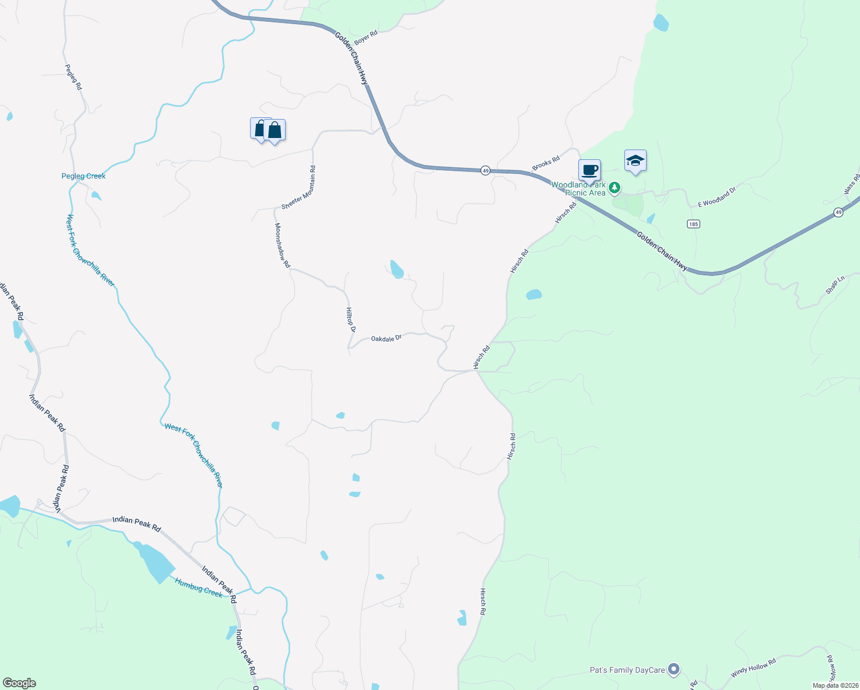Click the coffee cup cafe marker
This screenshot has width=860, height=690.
(x=589, y=171)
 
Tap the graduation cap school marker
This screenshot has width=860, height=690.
(x=635, y=161)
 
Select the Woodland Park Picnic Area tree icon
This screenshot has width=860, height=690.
(x=615, y=187)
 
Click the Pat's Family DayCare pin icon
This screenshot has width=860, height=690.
(x=674, y=669)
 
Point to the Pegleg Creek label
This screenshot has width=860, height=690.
(x=83, y=176)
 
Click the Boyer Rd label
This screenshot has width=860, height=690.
(x=366, y=38)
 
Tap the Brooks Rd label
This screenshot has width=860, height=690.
(x=546, y=163)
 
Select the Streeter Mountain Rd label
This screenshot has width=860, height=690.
(x=299, y=187)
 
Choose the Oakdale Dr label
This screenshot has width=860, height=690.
(x=386, y=339)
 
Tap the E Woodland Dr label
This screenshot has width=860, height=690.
(x=717, y=197)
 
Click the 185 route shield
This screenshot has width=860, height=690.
(x=693, y=224)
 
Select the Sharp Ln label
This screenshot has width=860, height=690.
(x=835, y=285)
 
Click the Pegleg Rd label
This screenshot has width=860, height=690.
(x=74, y=76)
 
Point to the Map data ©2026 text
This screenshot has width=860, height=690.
(x=834, y=685)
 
